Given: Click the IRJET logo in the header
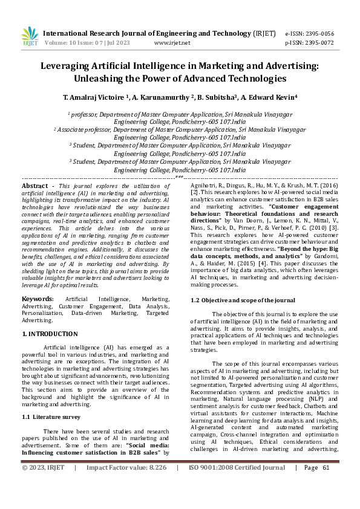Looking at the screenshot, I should (29, 36).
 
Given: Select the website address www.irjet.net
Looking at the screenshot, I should (172, 43).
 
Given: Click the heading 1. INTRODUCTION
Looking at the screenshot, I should (50, 334).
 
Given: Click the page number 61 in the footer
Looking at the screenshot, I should (326, 484).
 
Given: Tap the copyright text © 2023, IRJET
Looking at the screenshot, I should (43, 484).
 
